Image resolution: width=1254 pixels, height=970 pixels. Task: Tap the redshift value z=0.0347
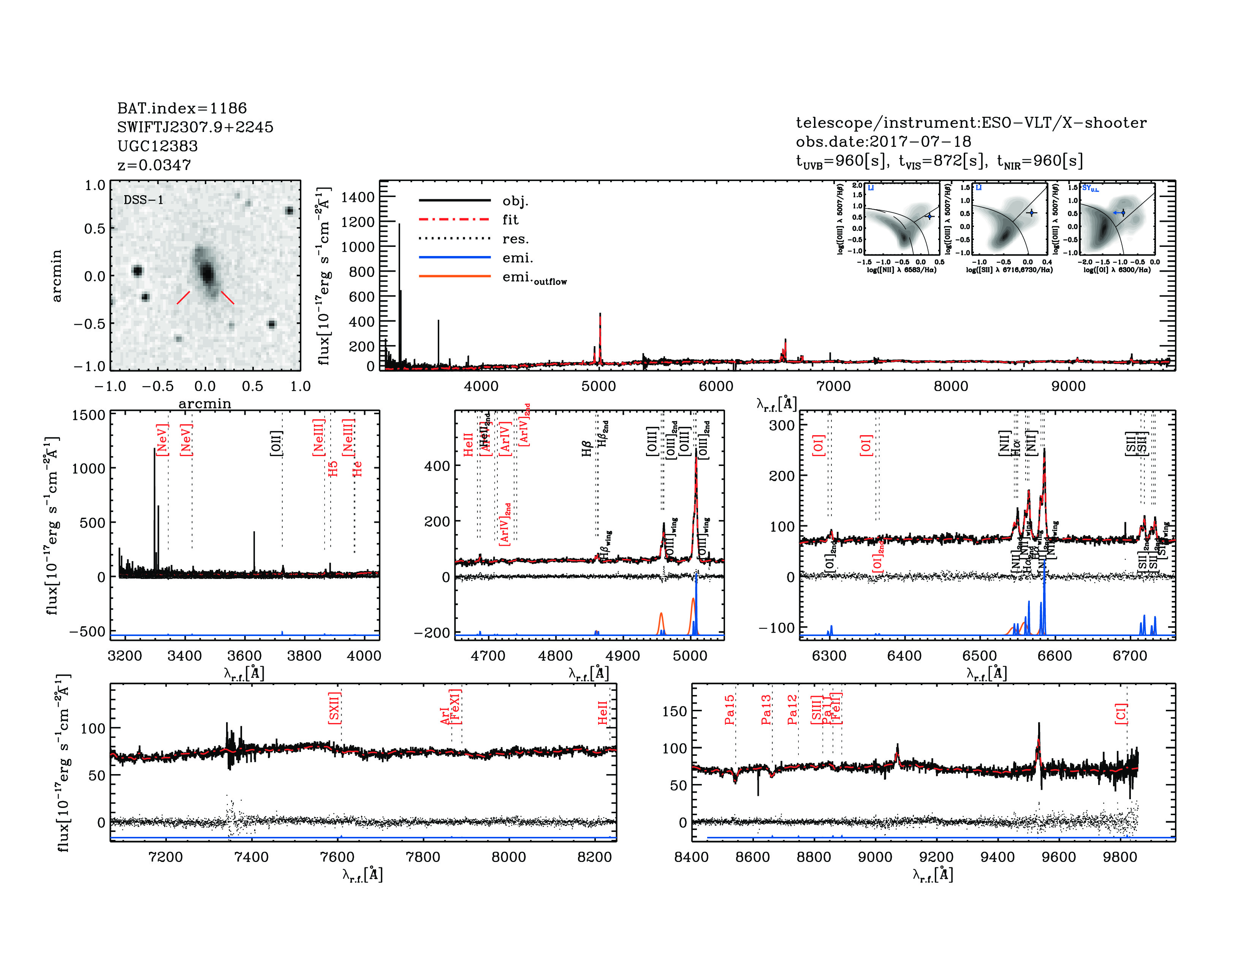[154, 165]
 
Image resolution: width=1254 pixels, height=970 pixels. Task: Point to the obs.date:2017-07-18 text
[883, 142]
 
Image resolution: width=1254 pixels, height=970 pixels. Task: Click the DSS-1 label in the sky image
[144, 200]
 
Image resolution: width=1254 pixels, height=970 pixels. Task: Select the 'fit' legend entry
[510, 219]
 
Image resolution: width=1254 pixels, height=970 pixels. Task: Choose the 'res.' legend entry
[515, 239]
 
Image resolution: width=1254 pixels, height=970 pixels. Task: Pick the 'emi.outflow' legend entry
[534, 278]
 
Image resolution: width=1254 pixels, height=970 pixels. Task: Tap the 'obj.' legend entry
[515, 200]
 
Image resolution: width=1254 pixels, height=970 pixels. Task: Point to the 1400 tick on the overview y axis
[357, 197]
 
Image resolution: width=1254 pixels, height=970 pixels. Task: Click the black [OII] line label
[276, 443]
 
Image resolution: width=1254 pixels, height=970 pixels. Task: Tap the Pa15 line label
[729, 710]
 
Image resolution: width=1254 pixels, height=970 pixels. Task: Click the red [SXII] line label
[334, 708]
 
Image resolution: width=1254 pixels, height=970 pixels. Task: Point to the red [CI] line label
[1120, 713]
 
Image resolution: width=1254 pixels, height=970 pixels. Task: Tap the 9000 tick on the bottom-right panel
[874, 857]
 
